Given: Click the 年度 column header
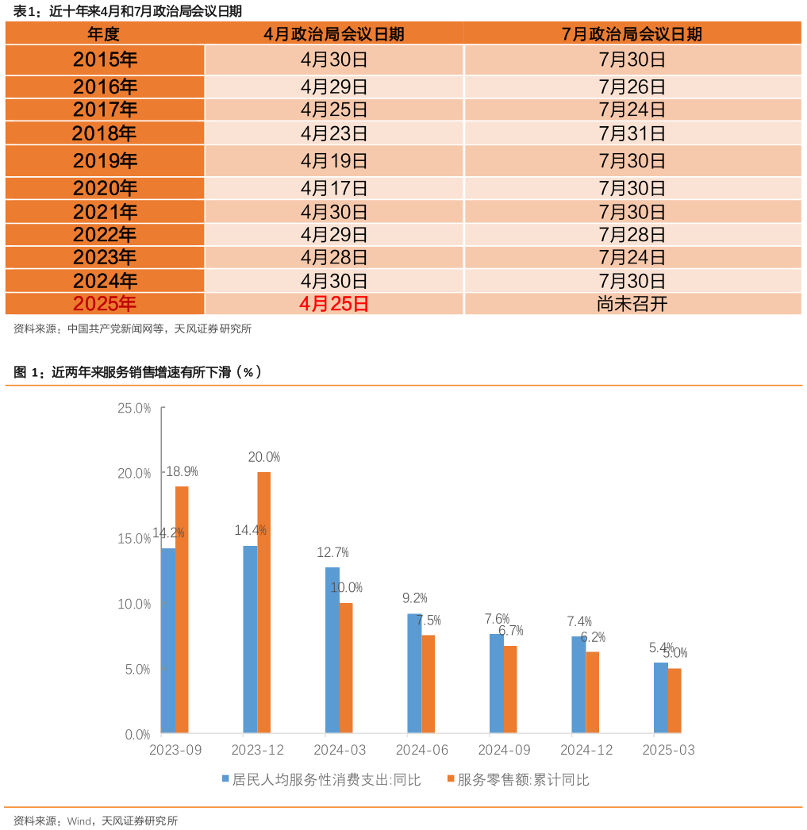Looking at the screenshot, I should tap(104, 34).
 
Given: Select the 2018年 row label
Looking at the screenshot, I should tap(104, 133).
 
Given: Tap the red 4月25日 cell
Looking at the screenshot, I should tap(333, 304).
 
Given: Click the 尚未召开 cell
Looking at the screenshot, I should tap(632, 304).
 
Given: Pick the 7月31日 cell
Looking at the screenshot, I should tap(632, 133).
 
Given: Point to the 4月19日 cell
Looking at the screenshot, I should tap(333, 161).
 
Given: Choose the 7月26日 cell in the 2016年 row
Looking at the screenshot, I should tap(632, 87).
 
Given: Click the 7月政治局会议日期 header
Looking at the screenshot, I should tap(632, 34).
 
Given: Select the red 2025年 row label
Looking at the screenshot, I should tap(104, 304).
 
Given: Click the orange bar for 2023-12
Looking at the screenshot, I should tap(264, 602).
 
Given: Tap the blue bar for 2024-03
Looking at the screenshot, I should tap(332, 650).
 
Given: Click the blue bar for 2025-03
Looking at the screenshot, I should tap(660, 697).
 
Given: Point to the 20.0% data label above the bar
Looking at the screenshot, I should tap(264, 457).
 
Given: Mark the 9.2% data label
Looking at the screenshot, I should tap(415, 598).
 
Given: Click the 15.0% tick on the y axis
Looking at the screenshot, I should tap(134, 539).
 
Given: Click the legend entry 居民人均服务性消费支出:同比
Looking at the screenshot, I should tap(321, 779).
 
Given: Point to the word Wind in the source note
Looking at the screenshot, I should tap(79, 821).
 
